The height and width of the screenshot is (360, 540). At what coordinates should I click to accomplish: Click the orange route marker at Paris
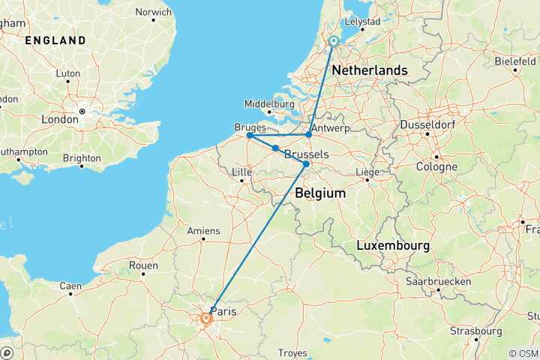[205, 319]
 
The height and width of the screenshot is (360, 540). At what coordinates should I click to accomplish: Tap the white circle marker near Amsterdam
[334, 42]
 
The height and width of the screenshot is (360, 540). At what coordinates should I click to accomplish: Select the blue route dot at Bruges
[249, 135]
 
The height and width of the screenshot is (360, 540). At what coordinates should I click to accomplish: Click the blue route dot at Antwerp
[308, 135]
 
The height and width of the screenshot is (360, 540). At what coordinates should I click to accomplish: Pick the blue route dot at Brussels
[306, 163]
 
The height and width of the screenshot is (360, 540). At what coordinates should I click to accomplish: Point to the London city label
[60, 119]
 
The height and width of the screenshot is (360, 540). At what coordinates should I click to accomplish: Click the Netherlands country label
[370, 70]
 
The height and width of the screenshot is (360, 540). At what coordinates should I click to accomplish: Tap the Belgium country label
[320, 193]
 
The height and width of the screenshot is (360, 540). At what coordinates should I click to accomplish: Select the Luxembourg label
[393, 246]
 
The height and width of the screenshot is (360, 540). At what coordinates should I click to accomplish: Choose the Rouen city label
[142, 265]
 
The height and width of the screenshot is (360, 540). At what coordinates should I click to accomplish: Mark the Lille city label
[241, 172]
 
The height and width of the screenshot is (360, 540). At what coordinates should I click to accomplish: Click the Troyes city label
[292, 352]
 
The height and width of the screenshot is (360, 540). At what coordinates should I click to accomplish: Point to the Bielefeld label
[514, 60]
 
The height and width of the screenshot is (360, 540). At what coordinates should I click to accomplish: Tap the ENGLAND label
[55, 40]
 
